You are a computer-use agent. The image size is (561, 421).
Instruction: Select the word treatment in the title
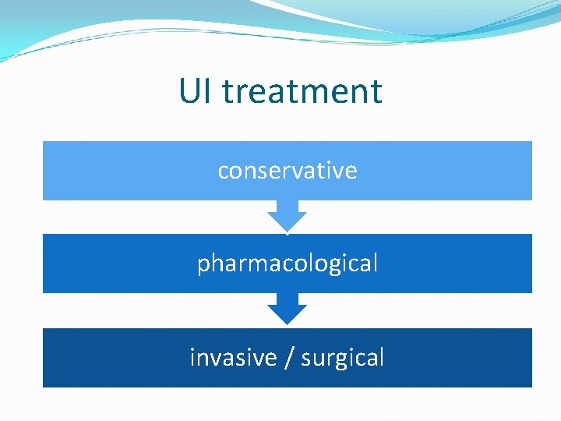(x=302, y=91)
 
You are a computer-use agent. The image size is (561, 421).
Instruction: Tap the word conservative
(x=288, y=171)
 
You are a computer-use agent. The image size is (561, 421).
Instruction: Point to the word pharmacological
(x=288, y=264)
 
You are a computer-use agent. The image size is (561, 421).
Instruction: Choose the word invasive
(x=233, y=357)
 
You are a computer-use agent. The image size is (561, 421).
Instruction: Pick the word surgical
(x=343, y=358)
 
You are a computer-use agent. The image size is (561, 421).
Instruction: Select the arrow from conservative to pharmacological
(x=288, y=217)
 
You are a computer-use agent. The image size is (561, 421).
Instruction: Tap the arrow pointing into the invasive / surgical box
(x=288, y=310)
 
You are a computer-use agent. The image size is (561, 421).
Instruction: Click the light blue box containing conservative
(x=117, y=171)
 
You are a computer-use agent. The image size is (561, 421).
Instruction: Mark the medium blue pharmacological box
(x=117, y=264)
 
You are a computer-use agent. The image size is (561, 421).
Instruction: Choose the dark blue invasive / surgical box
(x=117, y=358)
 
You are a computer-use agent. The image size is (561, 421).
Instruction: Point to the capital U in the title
(x=189, y=91)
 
